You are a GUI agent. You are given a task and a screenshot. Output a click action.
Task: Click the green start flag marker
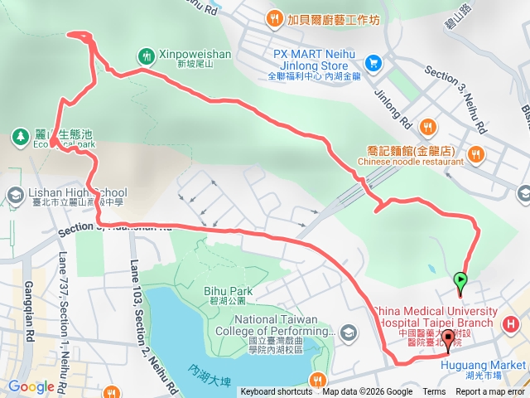pos(460,282)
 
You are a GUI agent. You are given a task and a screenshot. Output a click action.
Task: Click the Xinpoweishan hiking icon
pos(147,56)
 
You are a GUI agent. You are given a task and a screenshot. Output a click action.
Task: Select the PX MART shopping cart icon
pos(374,61)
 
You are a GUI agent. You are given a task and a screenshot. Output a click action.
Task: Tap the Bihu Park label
pos(228,291)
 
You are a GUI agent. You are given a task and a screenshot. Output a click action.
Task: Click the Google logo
pos(31,386)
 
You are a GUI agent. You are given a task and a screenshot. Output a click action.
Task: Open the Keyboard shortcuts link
pos(277,392)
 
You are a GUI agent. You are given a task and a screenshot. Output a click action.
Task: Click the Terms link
pos(434,392)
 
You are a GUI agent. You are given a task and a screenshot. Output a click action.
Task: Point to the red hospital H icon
pos(511,323)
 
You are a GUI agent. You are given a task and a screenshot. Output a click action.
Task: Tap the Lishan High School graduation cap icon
pos(14,195)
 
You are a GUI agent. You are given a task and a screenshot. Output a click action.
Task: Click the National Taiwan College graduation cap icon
pos(348,332)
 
